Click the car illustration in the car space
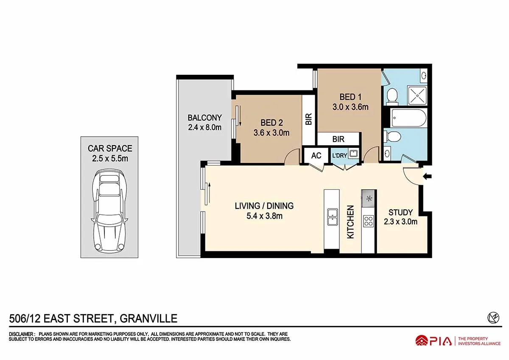point(109,211)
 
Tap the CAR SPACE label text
point(110,149)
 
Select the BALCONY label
point(205,118)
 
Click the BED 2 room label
point(271,123)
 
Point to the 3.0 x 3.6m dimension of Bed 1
point(350,107)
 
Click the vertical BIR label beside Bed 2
point(308,119)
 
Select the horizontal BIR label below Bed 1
point(338,139)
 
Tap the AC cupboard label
point(316,156)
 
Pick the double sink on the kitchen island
point(332,217)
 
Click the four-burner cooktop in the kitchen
point(369,221)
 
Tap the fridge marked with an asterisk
point(369,198)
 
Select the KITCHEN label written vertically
point(351,222)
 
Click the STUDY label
point(401,212)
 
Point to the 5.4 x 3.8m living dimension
point(264,216)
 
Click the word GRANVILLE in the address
point(148,318)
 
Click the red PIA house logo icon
point(422,340)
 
